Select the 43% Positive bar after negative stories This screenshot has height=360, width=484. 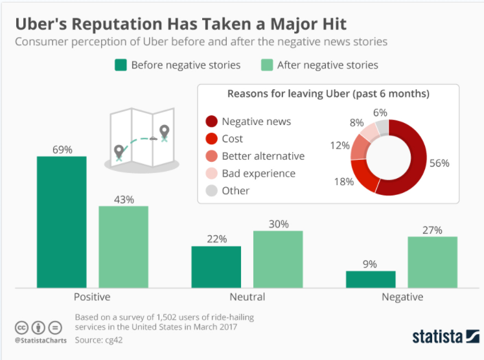pyautogui.click(x=123, y=247)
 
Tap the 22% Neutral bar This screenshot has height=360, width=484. pyautogui.click(x=216, y=267)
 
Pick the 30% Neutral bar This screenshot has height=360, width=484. pyautogui.click(x=277, y=259)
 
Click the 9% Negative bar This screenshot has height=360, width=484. pyautogui.click(x=371, y=279)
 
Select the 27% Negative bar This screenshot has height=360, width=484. pyautogui.click(x=432, y=262)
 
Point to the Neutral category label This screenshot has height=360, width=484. pyautogui.click(x=247, y=297)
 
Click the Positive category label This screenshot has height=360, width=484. pyautogui.click(x=93, y=297)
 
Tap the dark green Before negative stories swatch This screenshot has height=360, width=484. pyautogui.click(x=121, y=65)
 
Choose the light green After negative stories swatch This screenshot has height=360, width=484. pyautogui.click(x=266, y=65)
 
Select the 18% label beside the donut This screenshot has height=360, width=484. pyautogui.click(x=344, y=181)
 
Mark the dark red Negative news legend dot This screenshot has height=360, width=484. pyautogui.click(x=211, y=121)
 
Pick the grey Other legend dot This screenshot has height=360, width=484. pyautogui.click(x=211, y=190)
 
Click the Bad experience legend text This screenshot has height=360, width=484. pyautogui.click(x=259, y=174)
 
